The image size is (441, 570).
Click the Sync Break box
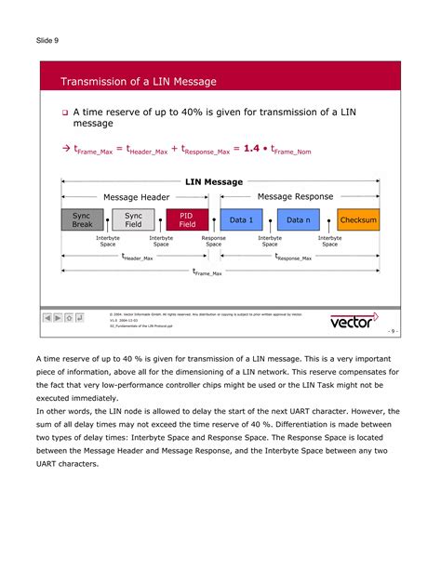(x=82, y=220)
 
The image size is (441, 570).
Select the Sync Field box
(x=134, y=220)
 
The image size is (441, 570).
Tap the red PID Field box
(x=187, y=220)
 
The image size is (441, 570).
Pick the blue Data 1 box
(x=241, y=220)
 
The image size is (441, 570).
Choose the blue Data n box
(x=298, y=220)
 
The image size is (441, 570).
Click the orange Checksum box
(x=358, y=220)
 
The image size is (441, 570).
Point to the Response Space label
(x=214, y=242)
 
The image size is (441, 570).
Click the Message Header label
(x=136, y=197)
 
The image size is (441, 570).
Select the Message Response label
(x=295, y=197)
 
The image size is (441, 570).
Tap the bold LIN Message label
(x=214, y=182)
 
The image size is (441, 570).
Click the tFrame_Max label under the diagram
(x=207, y=272)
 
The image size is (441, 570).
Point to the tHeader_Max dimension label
(x=137, y=257)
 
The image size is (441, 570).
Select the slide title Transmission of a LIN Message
(x=138, y=82)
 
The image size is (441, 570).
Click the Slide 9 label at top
(x=48, y=41)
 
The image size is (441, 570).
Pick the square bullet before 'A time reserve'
(x=66, y=113)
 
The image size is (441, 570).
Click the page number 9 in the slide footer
(x=394, y=331)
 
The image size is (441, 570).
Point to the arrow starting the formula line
(x=65, y=148)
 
